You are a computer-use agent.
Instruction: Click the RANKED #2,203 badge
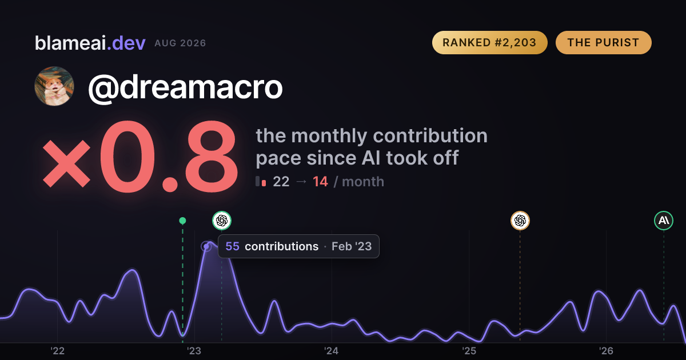coord(490,42)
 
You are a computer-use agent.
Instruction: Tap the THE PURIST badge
coord(603,42)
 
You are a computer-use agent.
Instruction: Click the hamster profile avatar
coord(54,86)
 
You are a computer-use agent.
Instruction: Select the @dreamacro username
coord(185,88)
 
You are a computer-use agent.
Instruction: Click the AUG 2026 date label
coord(180,43)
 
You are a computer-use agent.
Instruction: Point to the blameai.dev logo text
coord(90,43)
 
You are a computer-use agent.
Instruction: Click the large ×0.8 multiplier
coord(140,156)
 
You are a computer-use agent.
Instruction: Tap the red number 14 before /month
coord(320,182)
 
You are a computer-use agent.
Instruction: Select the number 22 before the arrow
coord(281,182)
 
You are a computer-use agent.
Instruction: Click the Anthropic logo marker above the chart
coord(664,221)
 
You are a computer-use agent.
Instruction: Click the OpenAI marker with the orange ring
coord(520,221)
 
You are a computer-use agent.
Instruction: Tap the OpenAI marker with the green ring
coord(222,221)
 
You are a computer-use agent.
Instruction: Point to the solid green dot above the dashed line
coord(182,221)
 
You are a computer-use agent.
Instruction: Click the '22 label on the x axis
coord(57,351)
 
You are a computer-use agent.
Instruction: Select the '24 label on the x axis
coord(332,351)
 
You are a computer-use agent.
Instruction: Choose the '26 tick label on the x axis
coord(606,351)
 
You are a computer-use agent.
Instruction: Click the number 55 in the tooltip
coord(232,246)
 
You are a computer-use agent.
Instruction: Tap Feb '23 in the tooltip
coord(352,246)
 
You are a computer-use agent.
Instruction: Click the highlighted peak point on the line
coord(206,246)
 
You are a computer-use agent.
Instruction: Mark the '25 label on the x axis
coord(469,351)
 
